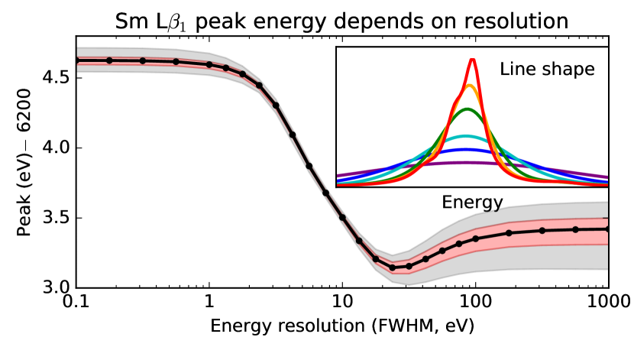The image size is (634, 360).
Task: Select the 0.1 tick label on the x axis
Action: click(x=76, y=302)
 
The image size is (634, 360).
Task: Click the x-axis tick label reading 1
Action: click(x=209, y=302)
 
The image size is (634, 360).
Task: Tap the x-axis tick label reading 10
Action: click(x=342, y=302)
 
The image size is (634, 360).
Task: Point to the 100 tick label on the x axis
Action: click(x=475, y=302)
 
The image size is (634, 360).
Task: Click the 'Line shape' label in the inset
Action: click(x=547, y=69)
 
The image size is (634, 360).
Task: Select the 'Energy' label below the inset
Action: click(x=472, y=203)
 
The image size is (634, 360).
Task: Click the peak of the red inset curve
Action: click(x=473, y=60)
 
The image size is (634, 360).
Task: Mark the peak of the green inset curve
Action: click(x=472, y=109)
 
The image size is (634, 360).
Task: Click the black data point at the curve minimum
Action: click(x=393, y=268)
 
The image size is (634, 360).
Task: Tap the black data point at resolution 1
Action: click(x=209, y=65)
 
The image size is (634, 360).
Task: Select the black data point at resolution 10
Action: click(x=342, y=217)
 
